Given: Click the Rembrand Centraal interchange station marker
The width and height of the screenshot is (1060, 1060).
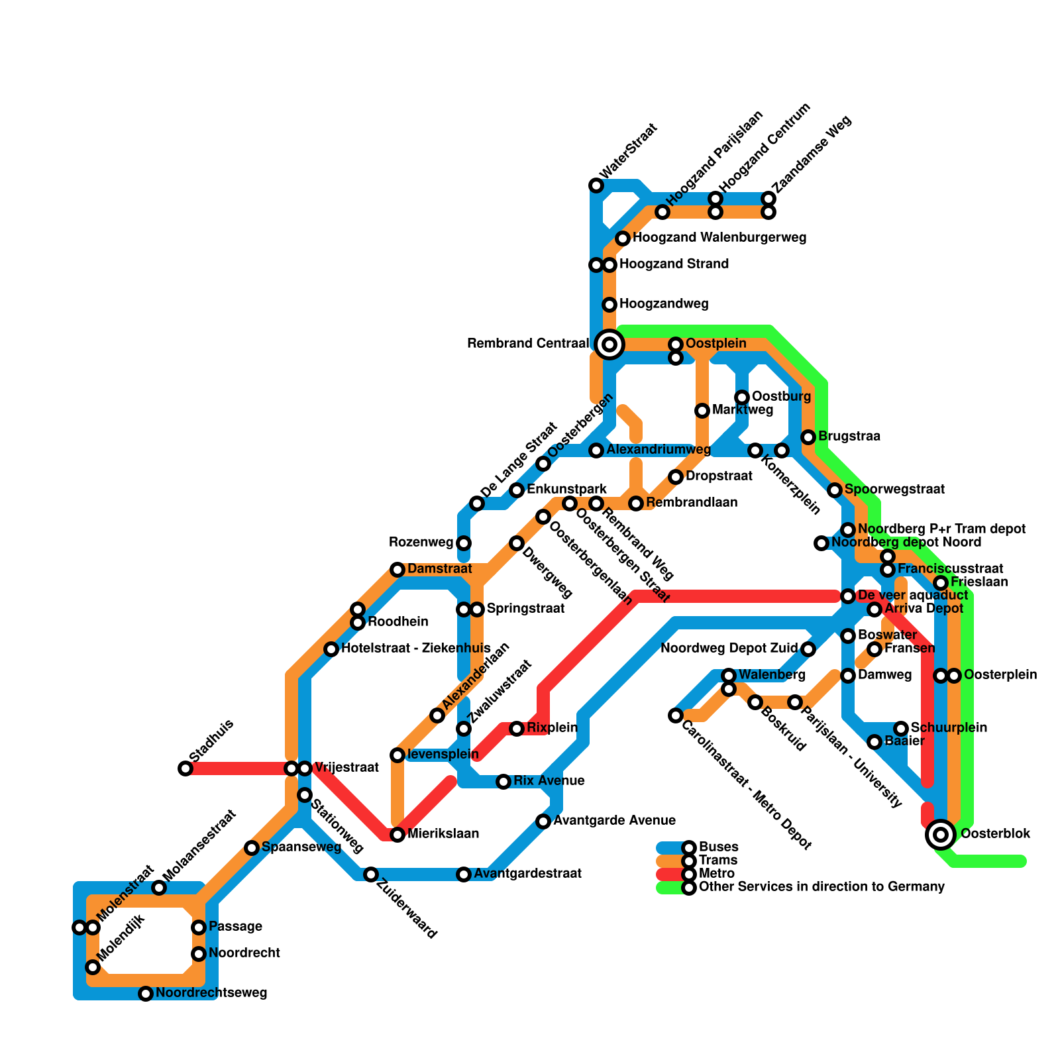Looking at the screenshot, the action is pos(609,344).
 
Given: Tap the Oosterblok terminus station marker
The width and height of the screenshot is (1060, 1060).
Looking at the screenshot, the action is pos(941,834).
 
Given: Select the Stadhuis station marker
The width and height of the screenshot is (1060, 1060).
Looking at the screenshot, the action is pos(185,768).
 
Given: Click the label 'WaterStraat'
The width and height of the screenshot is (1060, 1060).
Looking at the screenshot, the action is pos(627,150).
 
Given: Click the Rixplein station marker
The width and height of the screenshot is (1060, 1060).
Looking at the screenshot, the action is pos(517,729).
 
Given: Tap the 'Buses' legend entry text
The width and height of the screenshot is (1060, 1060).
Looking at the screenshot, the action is pos(718,847).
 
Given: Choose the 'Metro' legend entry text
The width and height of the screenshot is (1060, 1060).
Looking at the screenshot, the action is pos(716,874).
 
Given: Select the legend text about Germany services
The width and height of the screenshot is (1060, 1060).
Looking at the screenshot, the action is pos(821,887).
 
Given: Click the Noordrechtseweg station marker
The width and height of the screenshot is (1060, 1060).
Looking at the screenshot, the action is pos(146,994).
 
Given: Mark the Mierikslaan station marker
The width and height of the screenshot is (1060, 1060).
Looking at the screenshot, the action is pos(397,835).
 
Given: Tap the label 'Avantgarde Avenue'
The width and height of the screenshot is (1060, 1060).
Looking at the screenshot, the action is pos(614,821).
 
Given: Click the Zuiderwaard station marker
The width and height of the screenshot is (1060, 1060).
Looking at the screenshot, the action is pos(371,874).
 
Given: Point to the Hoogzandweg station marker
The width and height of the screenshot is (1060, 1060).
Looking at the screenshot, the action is pos(609,305).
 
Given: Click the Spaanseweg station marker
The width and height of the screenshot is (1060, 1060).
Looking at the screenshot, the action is pos(252,848).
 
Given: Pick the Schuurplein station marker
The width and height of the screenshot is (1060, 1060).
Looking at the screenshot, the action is pos(901,729).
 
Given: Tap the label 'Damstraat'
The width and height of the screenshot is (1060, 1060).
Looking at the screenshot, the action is pos(439,569).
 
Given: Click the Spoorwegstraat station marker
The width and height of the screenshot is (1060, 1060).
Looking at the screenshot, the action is pos(835,490).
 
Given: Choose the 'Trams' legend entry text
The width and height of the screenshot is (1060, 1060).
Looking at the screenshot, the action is pos(717,861).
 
